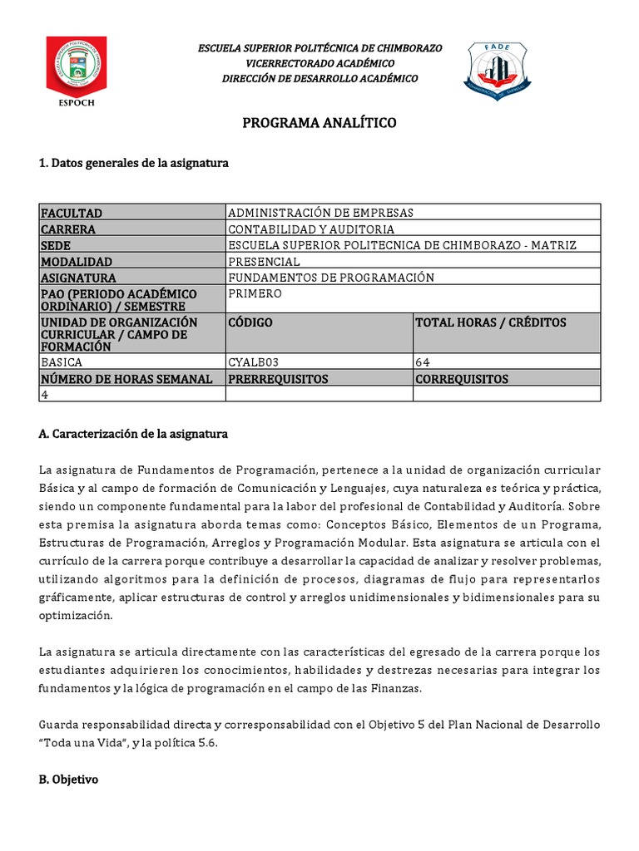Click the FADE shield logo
point(497,71)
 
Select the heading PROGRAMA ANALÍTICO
point(319,123)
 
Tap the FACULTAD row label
point(72,213)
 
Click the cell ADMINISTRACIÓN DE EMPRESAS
point(320,213)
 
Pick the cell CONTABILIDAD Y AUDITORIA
point(311,229)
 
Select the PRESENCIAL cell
point(264,262)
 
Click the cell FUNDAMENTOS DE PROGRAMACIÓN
point(331,278)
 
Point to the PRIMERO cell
point(255,293)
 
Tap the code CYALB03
point(255,362)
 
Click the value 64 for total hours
point(423,362)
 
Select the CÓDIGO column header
point(250,322)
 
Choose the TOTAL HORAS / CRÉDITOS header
point(490,322)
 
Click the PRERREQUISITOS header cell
point(278,379)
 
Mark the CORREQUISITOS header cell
point(461,379)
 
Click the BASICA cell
point(62,362)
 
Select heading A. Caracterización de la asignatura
point(133,434)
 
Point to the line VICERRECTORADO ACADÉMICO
point(319,63)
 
